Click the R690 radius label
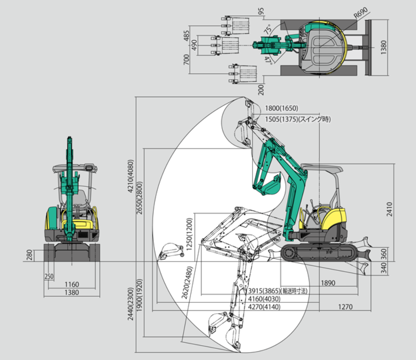click(361, 13)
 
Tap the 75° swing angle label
click(268, 29)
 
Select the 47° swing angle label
click(268, 60)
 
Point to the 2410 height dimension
click(389, 209)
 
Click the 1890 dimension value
click(328, 283)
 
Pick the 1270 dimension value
click(345, 307)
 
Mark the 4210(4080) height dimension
click(130, 176)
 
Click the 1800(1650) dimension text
click(281, 108)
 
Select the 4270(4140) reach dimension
click(264, 307)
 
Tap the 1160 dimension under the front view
click(72, 284)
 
